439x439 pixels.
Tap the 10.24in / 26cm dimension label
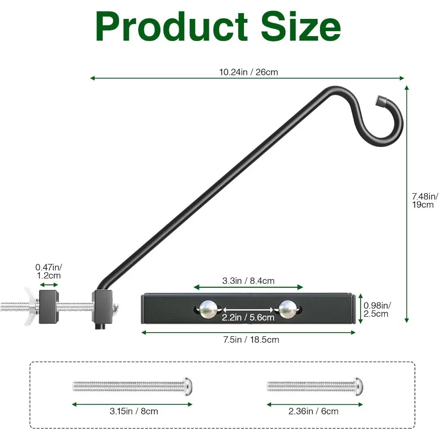click(248, 72)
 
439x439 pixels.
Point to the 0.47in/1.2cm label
click(49, 271)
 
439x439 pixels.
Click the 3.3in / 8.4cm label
click(248, 280)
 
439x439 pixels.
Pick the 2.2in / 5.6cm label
click(248, 318)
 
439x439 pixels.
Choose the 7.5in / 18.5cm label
click(248, 339)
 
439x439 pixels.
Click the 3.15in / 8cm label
click(132, 411)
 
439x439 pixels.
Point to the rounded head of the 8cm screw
click(187, 387)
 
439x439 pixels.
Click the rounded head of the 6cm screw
click(359, 387)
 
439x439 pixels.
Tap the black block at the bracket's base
click(102, 305)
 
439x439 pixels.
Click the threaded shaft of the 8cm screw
click(127, 387)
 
